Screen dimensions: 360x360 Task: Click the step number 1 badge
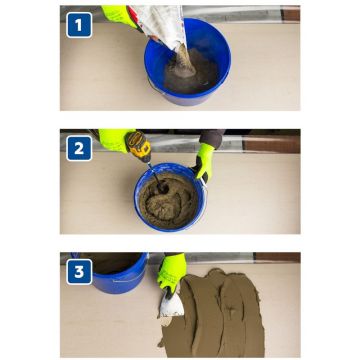tap(79, 25)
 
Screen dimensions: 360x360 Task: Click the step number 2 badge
tap(79, 148)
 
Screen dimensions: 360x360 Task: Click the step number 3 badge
tap(79, 272)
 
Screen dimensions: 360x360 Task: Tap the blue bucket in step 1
tap(188, 62)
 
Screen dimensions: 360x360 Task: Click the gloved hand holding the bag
tap(120, 15)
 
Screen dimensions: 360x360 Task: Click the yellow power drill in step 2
tap(138, 146)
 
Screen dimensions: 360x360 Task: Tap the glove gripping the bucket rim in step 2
tap(203, 162)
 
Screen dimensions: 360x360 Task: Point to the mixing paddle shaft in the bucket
tap(156, 178)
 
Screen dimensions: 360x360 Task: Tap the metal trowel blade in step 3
tap(171, 306)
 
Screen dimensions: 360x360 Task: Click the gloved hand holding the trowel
tap(171, 272)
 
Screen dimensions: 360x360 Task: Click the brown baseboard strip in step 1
tap(290, 15)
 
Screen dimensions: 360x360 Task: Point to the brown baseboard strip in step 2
tap(271, 145)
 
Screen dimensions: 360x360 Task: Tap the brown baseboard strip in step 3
tap(277, 257)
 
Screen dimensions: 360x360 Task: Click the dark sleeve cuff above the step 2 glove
tap(212, 138)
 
